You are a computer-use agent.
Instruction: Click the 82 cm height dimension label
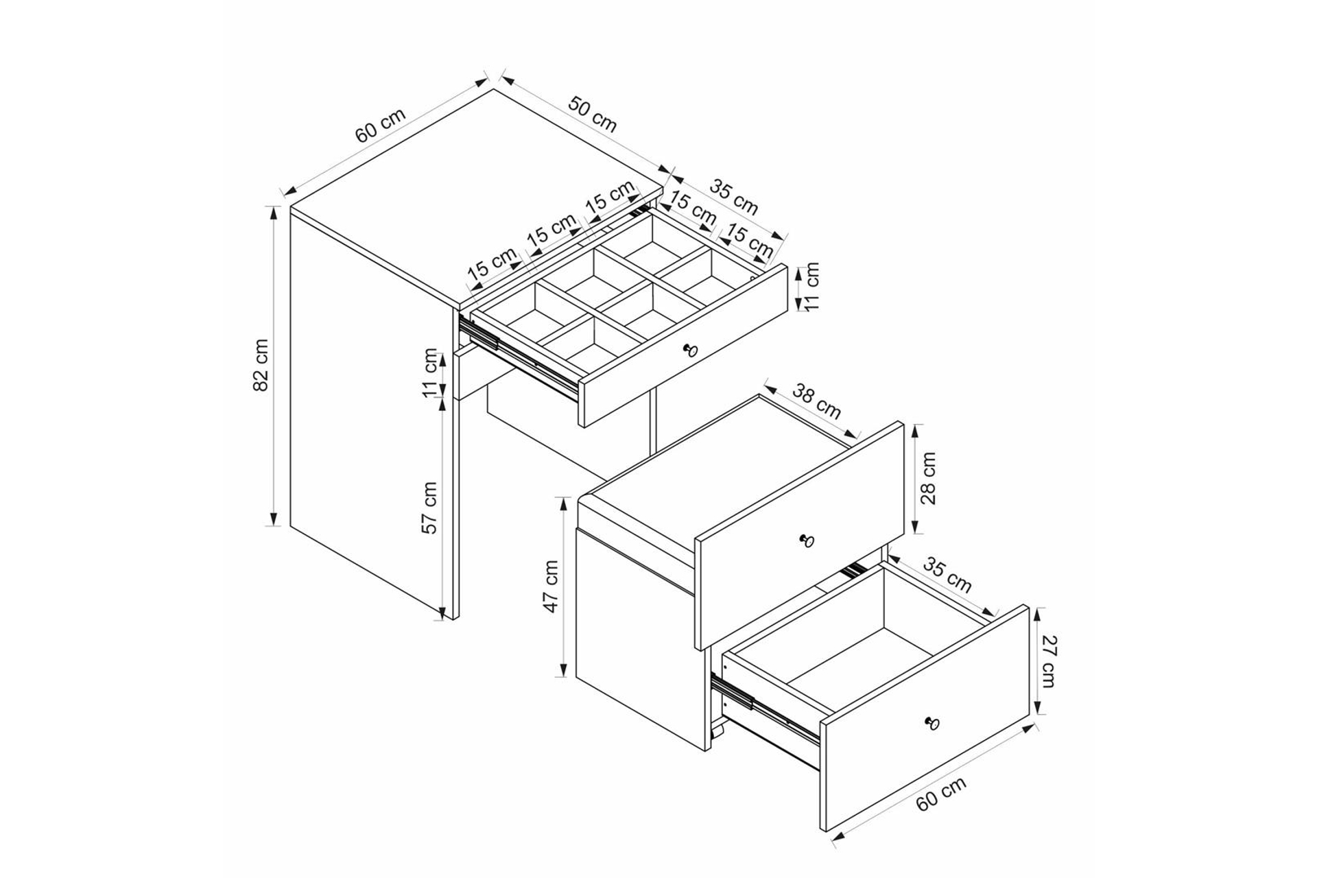(x=261, y=365)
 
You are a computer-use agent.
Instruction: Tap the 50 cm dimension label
(x=593, y=115)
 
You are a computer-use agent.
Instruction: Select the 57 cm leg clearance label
(x=429, y=508)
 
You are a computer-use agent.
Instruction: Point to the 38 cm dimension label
(x=817, y=401)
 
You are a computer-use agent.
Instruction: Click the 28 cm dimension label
(x=928, y=478)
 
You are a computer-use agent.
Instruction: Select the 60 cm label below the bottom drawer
(x=941, y=794)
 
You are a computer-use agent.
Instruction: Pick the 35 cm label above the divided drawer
(x=734, y=197)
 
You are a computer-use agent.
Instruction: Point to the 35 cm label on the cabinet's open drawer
(x=947, y=575)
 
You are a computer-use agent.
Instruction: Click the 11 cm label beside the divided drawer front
(x=813, y=286)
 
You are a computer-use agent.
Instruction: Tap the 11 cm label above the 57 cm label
(x=430, y=373)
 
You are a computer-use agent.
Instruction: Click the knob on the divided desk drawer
(x=690, y=351)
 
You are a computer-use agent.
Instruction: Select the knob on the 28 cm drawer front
(x=807, y=541)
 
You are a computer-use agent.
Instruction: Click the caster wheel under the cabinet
(x=716, y=733)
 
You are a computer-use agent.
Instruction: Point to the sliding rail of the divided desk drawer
(x=519, y=359)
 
